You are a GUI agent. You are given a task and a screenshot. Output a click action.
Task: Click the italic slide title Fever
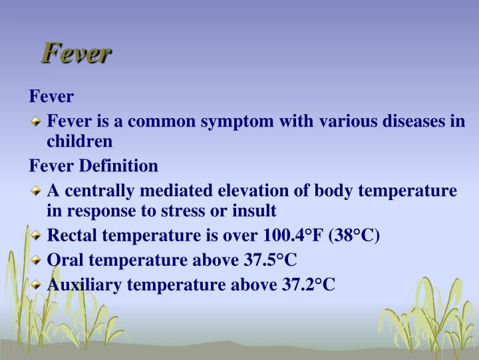click(x=75, y=54)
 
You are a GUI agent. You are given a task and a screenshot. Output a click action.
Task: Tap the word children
click(x=80, y=141)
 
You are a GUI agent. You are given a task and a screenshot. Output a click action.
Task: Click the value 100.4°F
click(x=289, y=235)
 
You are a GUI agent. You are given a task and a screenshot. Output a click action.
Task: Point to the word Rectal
click(x=72, y=235)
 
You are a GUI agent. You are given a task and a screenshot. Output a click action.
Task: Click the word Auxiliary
click(x=84, y=285)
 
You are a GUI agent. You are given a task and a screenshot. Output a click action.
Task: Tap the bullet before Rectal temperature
click(x=37, y=235)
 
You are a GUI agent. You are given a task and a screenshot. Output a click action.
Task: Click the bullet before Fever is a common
click(x=37, y=121)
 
